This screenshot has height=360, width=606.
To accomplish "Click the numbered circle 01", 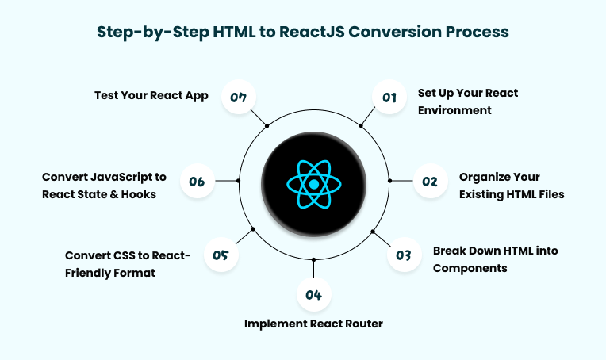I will coord(389,98).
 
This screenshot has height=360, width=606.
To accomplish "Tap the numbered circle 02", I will coord(429,182).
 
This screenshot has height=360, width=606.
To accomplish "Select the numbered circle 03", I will coord(404,255).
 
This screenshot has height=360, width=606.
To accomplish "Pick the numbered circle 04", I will coord(313,295).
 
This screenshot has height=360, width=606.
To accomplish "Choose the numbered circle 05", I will coord(221,255).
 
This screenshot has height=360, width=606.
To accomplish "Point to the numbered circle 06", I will coord(197,182).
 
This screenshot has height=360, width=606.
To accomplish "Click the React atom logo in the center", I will coord(314,184).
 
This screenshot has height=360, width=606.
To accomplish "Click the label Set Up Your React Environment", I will coord(468,101).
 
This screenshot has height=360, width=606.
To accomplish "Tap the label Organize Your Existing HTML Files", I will coord(512,186).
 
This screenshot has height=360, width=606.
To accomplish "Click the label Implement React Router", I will coord(314,324).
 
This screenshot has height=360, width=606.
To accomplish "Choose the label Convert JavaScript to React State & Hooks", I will coord(104,186).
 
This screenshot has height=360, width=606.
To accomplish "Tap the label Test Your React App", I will coord(151,96).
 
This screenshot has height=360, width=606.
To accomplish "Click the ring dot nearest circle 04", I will coord(314,259).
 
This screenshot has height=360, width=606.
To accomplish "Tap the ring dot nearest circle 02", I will coord(389,181).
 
